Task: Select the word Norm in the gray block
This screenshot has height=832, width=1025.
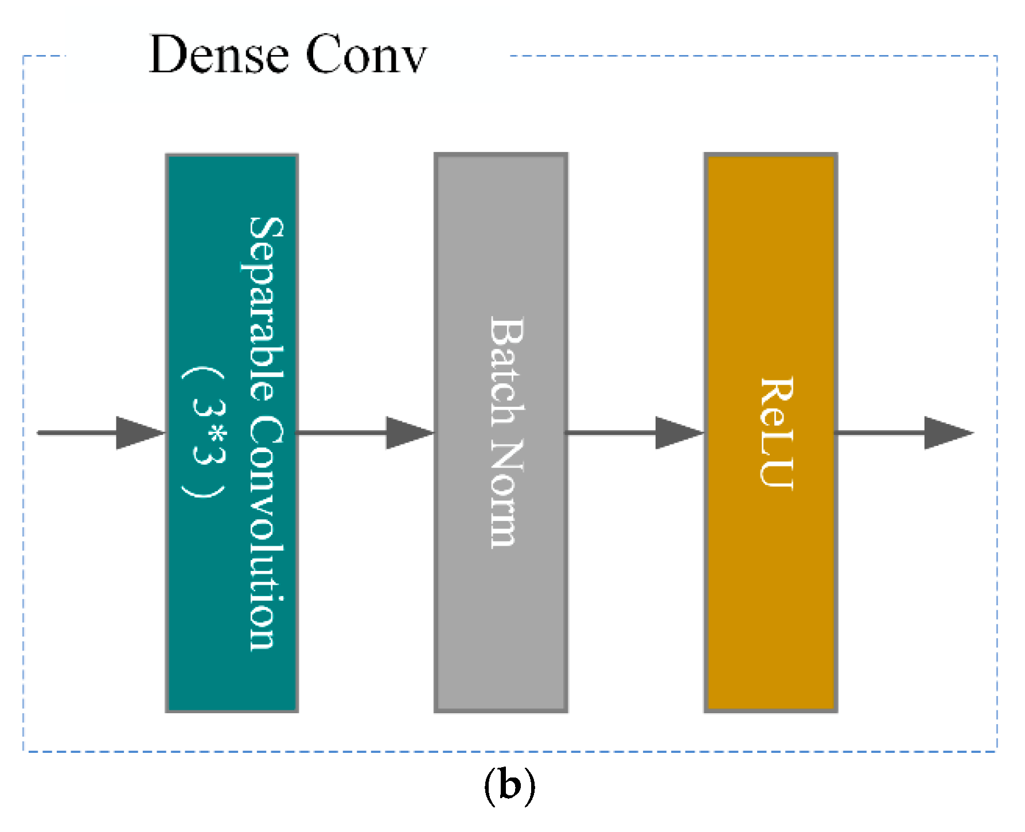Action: point(506,493)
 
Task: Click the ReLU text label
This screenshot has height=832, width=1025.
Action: point(777,433)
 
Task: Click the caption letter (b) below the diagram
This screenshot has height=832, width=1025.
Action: point(509,786)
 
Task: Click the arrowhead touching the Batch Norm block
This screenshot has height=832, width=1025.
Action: point(408,433)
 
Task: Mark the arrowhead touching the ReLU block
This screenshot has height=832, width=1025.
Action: point(678,433)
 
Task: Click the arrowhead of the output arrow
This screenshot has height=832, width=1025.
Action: point(947,433)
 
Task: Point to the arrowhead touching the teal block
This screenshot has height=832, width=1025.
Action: point(139,433)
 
